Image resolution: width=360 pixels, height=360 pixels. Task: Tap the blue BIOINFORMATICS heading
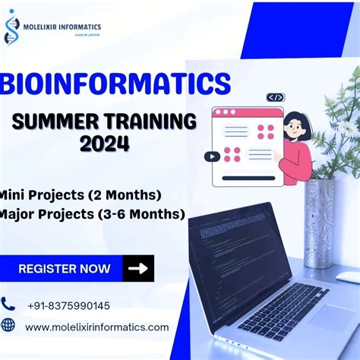point(118,84)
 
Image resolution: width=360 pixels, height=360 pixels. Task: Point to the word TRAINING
point(148,122)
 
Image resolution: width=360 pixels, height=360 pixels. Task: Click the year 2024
point(103,143)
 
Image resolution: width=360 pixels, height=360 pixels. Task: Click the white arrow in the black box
point(138,268)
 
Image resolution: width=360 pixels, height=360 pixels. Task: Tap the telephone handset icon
point(8,305)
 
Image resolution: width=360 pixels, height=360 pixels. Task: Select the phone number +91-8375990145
point(68,305)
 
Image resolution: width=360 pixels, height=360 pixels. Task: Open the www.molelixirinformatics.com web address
point(97,327)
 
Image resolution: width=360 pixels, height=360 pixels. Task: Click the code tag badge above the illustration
point(275,97)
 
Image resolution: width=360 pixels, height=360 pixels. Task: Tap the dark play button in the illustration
point(212,156)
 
